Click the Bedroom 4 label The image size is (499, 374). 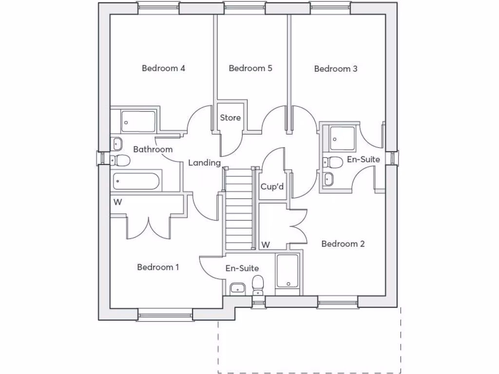(x=163, y=68)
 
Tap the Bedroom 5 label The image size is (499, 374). (x=250, y=68)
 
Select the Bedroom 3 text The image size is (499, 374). (x=336, y=69)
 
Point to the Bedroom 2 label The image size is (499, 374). (x=343, y=244)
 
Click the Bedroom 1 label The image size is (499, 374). (x=158, y=267)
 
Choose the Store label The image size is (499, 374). (x=230, y=118)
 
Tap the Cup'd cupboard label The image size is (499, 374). (x=272, y=187)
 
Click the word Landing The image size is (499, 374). (x=204, y=163)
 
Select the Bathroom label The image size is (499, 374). (x=153, y=149)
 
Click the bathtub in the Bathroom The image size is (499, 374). (x=136, y=181)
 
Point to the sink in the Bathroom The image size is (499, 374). (x=116, y=144)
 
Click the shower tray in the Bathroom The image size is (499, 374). (x=138, y=121)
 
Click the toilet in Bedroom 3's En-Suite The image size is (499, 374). (x=332, y=162)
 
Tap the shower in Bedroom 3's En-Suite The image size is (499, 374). (x=342, y=138)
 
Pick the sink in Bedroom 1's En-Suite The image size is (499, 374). (x=237, y=288)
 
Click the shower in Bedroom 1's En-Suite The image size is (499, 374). (x=288, y=271)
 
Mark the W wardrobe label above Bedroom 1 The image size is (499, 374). (x=118, y=202)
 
